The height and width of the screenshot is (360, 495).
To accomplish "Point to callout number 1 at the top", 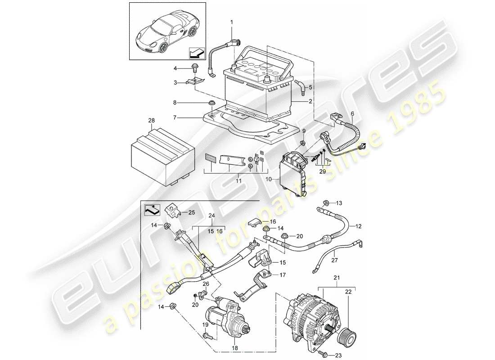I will coord(232,22).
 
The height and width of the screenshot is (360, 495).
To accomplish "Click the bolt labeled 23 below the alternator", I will coord(324,355).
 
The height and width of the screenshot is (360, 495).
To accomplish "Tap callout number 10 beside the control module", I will coord(270,179).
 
